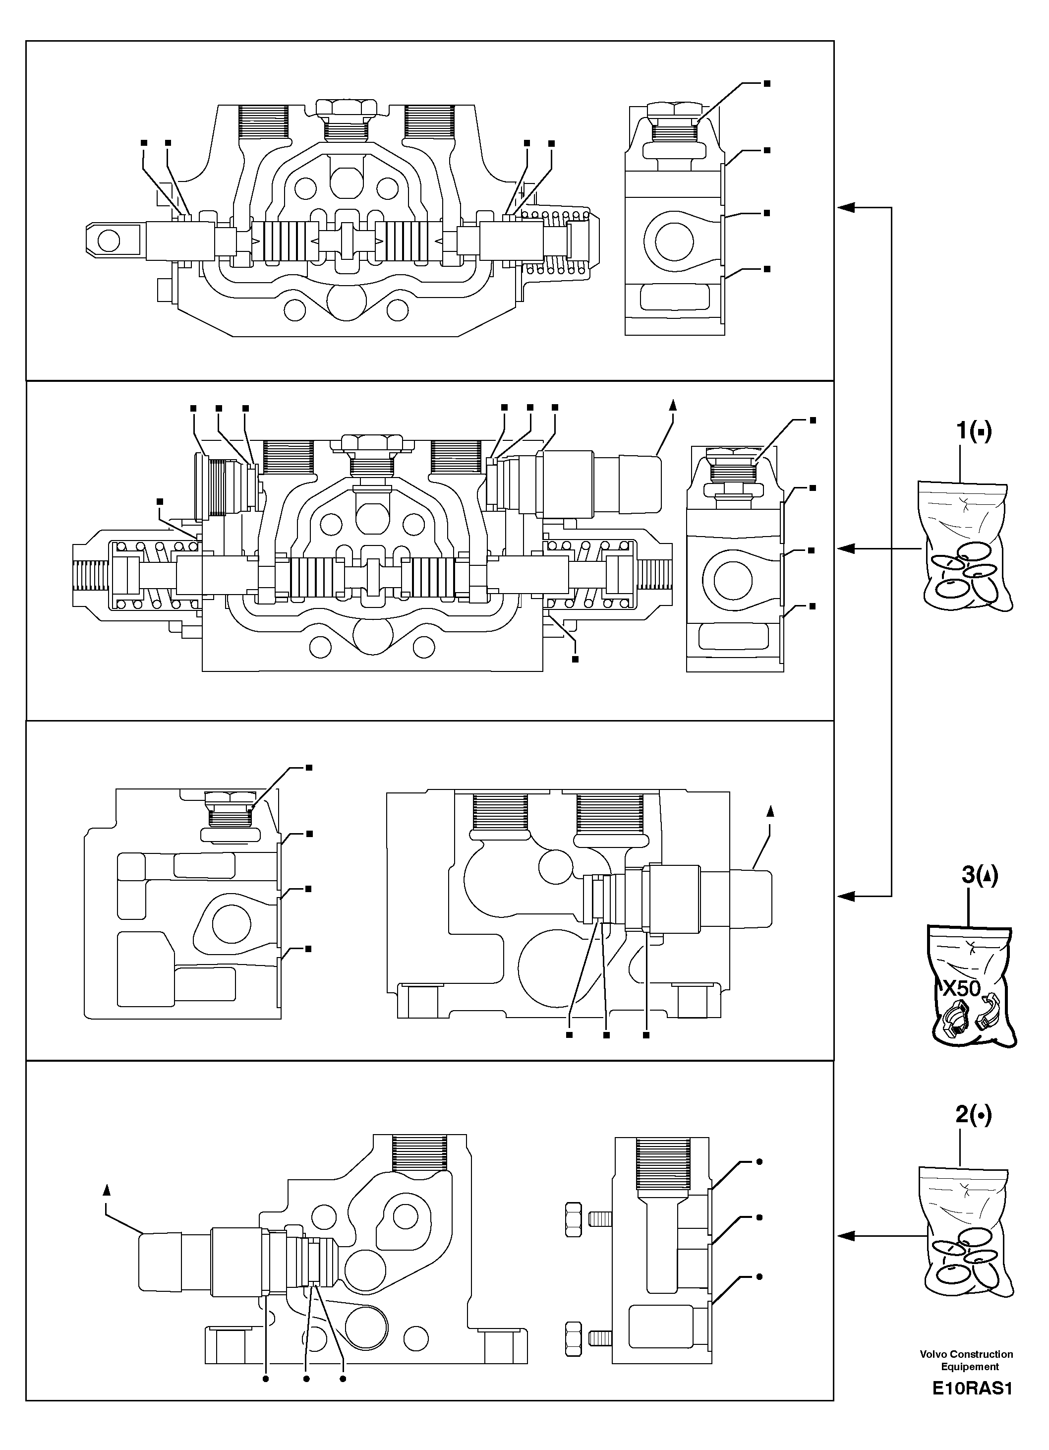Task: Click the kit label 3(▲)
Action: (x=979, y=875)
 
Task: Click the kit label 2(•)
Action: (x=973, y=1116)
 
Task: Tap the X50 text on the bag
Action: (x=961, y=989)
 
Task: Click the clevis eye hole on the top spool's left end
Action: (x=109, y=241)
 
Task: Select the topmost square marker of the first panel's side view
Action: (x=767, y=84)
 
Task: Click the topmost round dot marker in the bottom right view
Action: (x=759, y=1162)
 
